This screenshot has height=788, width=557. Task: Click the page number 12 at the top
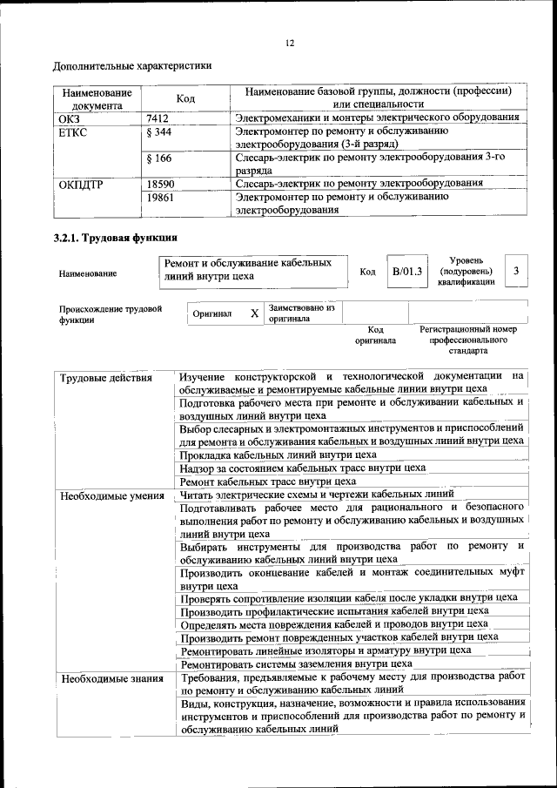[291, 44]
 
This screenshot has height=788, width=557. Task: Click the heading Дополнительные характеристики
[132, 66]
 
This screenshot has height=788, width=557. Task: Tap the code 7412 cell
[158, 117]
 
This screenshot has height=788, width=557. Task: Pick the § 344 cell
[160, 131]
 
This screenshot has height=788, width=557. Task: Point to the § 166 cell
[159, 158]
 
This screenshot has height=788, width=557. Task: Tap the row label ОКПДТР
[80, 184]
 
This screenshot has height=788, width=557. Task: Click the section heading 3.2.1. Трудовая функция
[116, 237]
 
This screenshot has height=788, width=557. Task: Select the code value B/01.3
[406, 272]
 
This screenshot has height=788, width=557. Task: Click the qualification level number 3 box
[516, 272]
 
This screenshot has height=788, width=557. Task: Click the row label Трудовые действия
[106, 378]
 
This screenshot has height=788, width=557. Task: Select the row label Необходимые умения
[112, 495]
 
